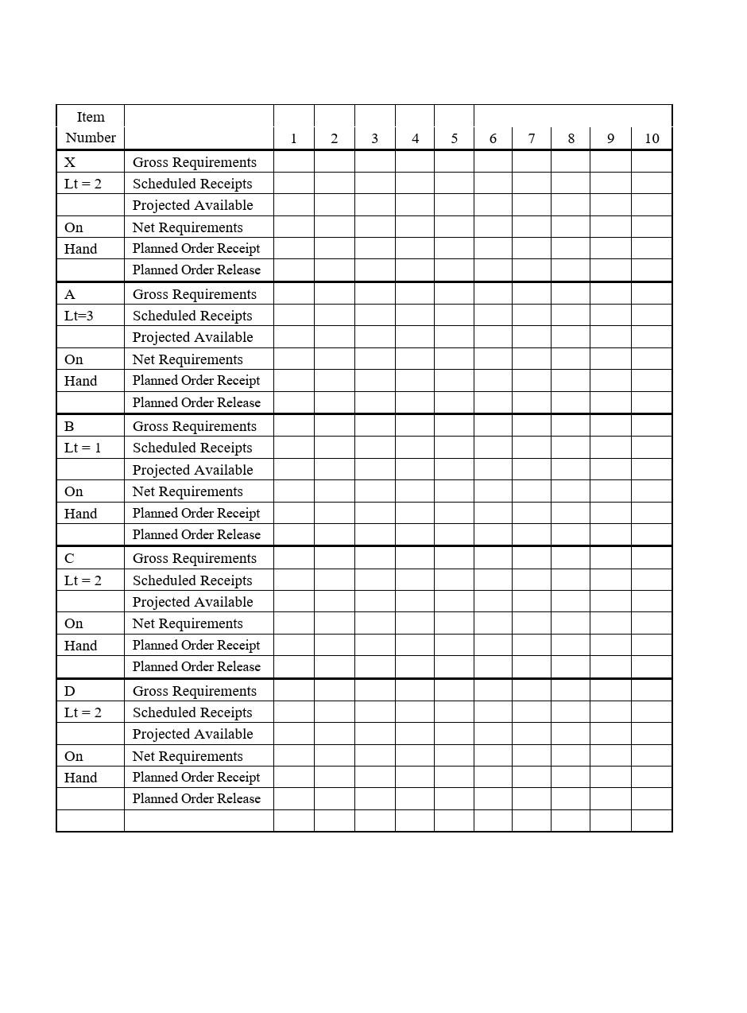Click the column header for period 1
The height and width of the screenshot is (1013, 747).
click(x=293, y=138)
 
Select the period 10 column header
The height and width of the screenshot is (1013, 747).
click(x=652, y=138)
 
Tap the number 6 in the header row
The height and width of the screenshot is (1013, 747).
click(x=493, y=138)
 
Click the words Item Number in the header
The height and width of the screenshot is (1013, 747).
click(x=91, y=127)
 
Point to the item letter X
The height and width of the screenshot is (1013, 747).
click(x=70, y=162)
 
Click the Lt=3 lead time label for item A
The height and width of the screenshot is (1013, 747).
click(x=79, y=316)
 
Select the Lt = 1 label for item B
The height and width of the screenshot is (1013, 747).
click(x=83, y=448)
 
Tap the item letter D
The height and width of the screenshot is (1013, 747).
click(x=70, y=691)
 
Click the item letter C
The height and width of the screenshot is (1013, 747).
click(x=70, y=558)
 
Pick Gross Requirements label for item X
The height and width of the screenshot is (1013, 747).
click(x=195, y=162)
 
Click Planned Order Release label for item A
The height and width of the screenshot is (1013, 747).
click(x=196, y=402)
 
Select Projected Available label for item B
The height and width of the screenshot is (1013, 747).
click(x=192, y=470)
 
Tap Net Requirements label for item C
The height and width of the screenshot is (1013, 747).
click(x=188, y=623)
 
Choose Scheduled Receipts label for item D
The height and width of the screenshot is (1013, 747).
click(x=192, y=712)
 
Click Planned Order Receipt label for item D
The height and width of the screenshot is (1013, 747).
click(x=196, y=777)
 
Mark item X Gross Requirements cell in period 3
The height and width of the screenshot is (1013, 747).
click(x=374, y=162)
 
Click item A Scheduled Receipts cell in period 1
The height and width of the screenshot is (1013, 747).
click(x=293, y=316)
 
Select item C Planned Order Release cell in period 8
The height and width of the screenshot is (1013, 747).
click(x=571, y=666)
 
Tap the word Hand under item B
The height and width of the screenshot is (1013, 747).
click(x=80, y=514)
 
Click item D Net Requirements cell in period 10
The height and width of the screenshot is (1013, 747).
click(x=652, y=756)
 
